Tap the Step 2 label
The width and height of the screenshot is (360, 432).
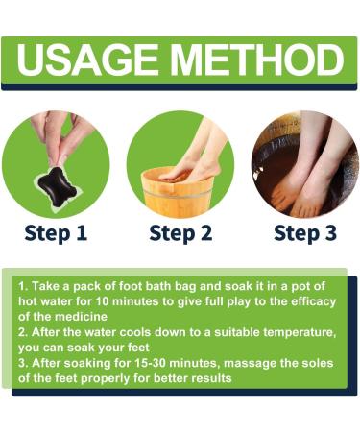tap(180, 232)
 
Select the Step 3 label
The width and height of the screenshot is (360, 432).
tap(305, 232)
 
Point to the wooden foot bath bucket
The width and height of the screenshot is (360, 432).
tap(173, 192)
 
